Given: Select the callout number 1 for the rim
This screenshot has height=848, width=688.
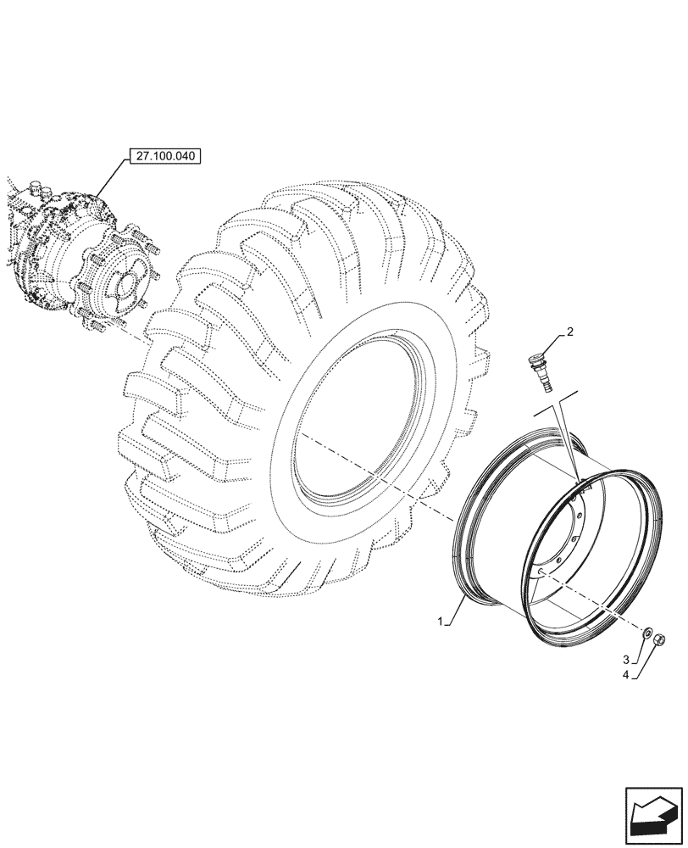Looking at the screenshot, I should point(441,622).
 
